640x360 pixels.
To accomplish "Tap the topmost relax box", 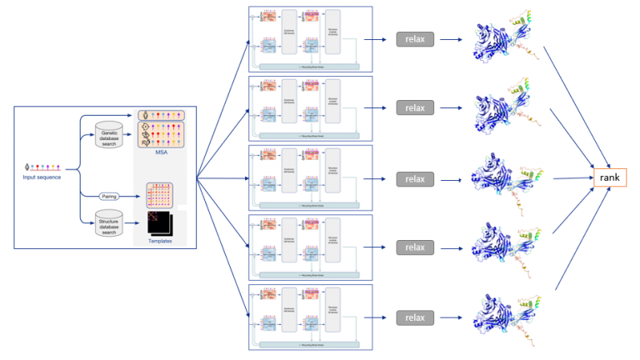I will tap(415, 39).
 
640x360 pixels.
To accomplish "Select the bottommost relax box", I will tap(415, 317).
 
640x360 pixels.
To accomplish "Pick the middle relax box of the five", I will tap(415, 178).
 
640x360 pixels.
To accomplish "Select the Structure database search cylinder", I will tap(109, 223).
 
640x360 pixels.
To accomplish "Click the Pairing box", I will tap(109, 196).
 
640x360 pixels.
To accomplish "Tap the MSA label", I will tap(162, 152).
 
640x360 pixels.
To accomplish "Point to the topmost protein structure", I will tap(500, 38).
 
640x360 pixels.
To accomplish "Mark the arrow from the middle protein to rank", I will tap(571, 177).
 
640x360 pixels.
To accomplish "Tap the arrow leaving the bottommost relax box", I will tap(449, 317).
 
